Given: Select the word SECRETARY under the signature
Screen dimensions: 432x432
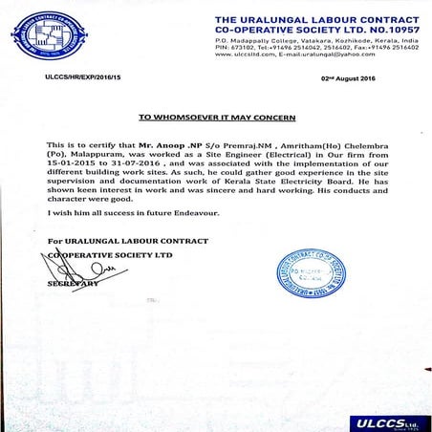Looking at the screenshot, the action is (73, 284).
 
